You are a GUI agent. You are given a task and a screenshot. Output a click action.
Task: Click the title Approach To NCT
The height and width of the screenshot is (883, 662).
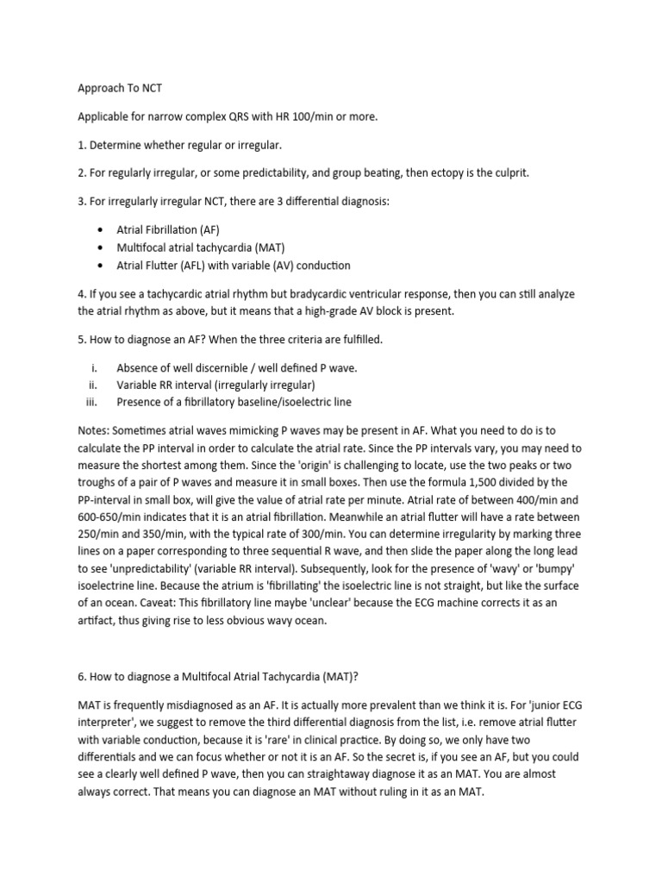point(114,87)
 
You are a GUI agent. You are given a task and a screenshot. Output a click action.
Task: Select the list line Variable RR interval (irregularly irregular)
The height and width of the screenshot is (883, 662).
point(215,385)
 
